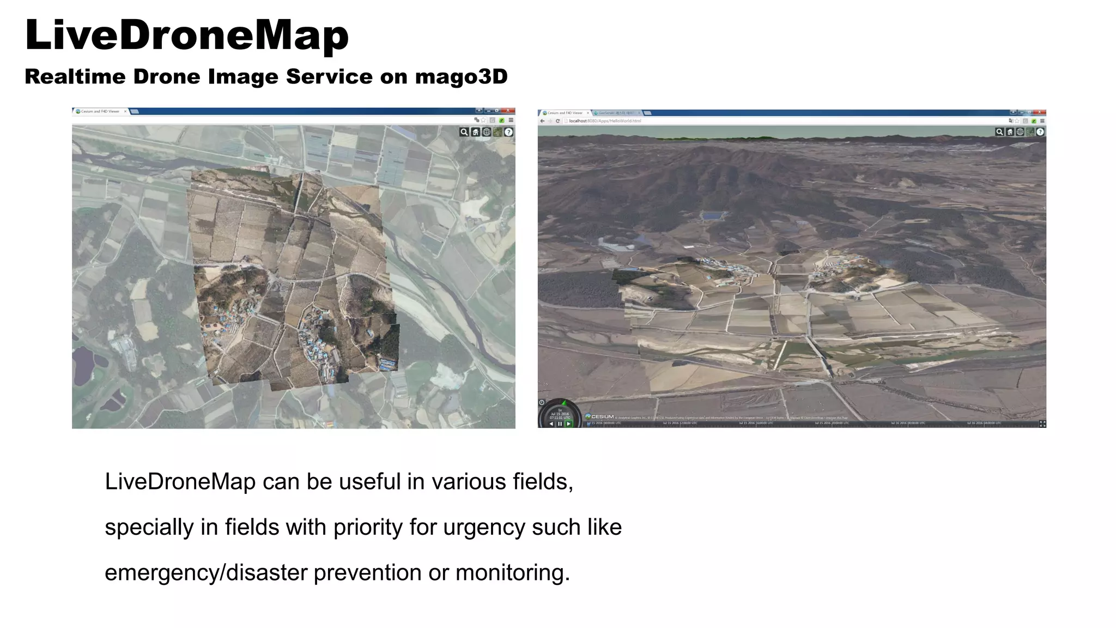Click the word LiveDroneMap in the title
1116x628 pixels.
(186, 36)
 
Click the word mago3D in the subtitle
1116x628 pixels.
(461, 77)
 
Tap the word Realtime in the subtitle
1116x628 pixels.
(75, 77)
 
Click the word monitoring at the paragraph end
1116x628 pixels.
(512, 573)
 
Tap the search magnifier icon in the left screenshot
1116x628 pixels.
(464, 132)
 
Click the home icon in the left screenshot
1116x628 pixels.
(475, 132)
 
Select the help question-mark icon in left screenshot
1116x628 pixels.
(508, 132)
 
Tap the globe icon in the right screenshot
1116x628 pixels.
(1020, 132)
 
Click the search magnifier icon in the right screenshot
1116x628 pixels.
(999, 132)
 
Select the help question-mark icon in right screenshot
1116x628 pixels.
(1040, 132)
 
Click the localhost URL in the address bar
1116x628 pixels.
(605, 121)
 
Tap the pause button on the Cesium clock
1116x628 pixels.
(560, 424)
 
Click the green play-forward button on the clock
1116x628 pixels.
(568, 424)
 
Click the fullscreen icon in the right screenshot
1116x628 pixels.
(1042, 424)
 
